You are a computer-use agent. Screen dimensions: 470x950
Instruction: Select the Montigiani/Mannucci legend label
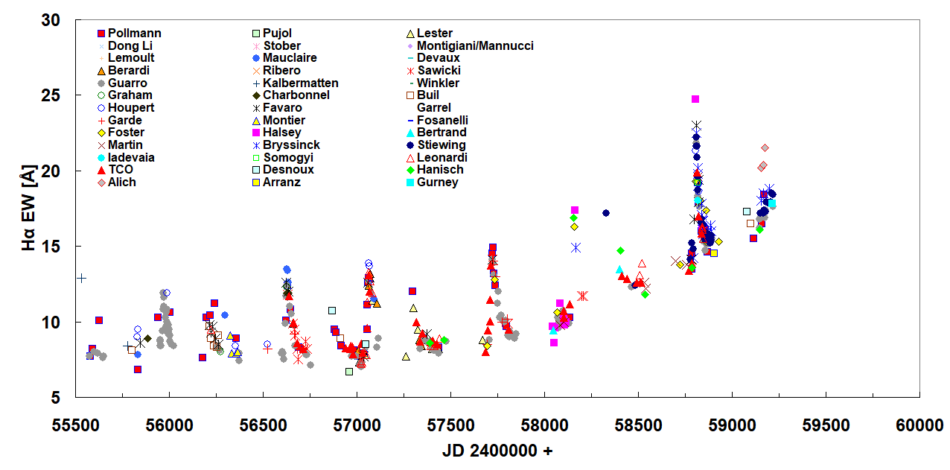[475, 46]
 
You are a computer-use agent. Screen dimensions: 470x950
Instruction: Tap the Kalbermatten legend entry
[300, 83]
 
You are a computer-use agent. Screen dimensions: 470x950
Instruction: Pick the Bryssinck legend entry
[293, 145]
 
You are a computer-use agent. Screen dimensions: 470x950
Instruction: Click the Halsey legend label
[282, 133]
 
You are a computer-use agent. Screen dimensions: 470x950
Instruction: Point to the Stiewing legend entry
[441, 145]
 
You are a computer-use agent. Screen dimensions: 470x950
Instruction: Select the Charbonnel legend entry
[297, 95]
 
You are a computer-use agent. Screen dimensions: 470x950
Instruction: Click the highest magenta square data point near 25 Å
[695, 99]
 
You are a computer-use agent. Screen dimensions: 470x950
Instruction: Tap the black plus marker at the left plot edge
[81, 278]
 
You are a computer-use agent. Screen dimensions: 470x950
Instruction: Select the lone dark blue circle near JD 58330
[606, 213]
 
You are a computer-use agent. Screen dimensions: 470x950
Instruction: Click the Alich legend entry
[122, 182]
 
